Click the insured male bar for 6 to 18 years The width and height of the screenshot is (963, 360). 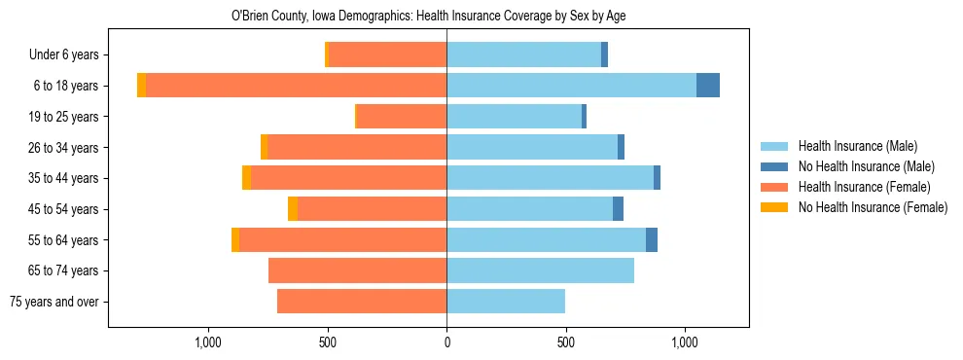click(571, 86)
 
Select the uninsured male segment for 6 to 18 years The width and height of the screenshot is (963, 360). click(708, 86)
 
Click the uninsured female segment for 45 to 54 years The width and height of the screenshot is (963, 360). click(293, 209)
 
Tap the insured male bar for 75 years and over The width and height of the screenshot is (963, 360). click(506, 302)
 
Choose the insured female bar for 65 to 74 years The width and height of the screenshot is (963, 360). click(357, 270)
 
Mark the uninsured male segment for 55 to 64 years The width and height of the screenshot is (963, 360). click(652, 239)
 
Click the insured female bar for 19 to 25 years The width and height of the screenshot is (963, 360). click(402, 117)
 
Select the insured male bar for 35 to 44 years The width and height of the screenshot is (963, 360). click(550, 178)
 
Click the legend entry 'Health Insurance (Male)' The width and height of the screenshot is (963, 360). click(857, 146)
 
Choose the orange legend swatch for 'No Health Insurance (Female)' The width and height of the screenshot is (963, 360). click(774, 207)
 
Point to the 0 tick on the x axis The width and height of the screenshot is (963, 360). click(446, 342)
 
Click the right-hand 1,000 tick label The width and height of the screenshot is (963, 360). click(685, 342)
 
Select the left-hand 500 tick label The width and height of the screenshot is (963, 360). click(327, 342)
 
